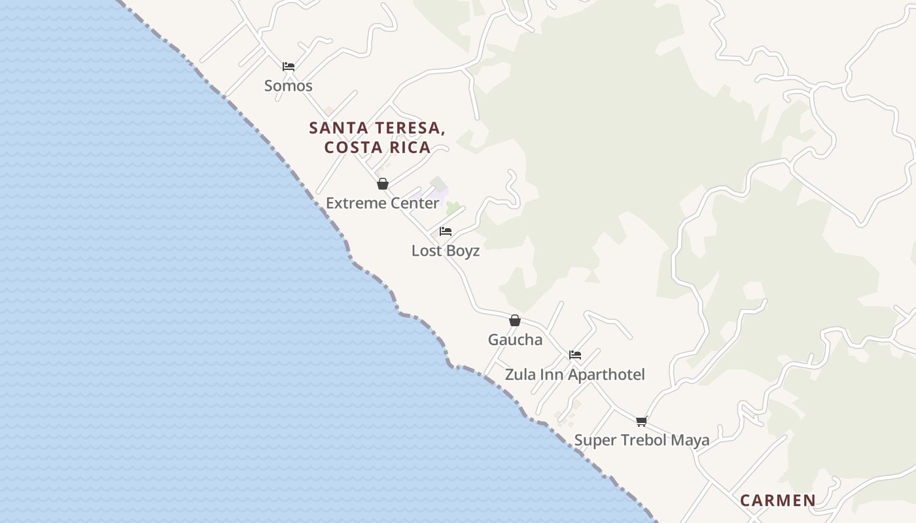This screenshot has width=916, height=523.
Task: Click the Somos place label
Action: click(x=289, y=86)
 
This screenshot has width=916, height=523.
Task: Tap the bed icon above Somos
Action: click(x=289, y=66)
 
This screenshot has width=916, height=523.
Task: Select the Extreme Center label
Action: click(x=383, y=203)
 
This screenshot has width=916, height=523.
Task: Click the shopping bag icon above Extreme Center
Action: click(x=383, y=184)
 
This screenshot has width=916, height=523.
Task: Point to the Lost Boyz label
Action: click(x=446, y=251)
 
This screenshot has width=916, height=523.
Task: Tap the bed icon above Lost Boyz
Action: click(x=446, y=231)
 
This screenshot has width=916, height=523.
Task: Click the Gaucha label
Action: click(x=515, y=340)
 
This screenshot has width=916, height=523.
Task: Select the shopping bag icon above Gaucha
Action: click(x=515, y=320)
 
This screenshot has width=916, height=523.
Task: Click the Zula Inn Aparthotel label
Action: click(x=574, y=375)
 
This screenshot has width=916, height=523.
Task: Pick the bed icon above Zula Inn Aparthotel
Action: click(x=575, y=355)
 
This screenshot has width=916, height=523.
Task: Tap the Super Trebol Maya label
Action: click(x=642, y=441)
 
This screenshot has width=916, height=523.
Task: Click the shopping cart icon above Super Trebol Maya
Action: click(x=642, y=421)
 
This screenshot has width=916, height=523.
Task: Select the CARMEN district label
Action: click(x=778, y=501)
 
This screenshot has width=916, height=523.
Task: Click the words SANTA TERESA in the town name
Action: click(x=377, y=128)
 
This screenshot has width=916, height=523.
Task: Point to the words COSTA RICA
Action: click(x=378, y=148)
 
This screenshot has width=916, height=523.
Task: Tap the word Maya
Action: click(x=690, y=441)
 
